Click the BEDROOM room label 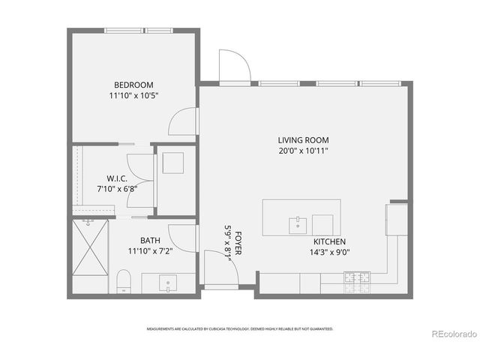[x=134, y=85]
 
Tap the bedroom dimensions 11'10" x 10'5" [x=134, y=95]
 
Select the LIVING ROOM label [x=303, y=140]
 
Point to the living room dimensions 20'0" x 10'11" [x=303, y=151]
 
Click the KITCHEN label [x=329, y=241]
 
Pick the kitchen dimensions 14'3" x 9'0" [x=329, y=252]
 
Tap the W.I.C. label [x=116, y=178]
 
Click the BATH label [x=149, y=241]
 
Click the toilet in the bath [x=124, y=282]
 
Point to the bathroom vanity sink [x=167, y=284]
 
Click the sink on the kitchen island [x=298, y=223]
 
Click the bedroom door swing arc [x=182, y=121]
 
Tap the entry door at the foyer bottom [x=221, y=271]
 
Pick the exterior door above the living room [x=233, y=66]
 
